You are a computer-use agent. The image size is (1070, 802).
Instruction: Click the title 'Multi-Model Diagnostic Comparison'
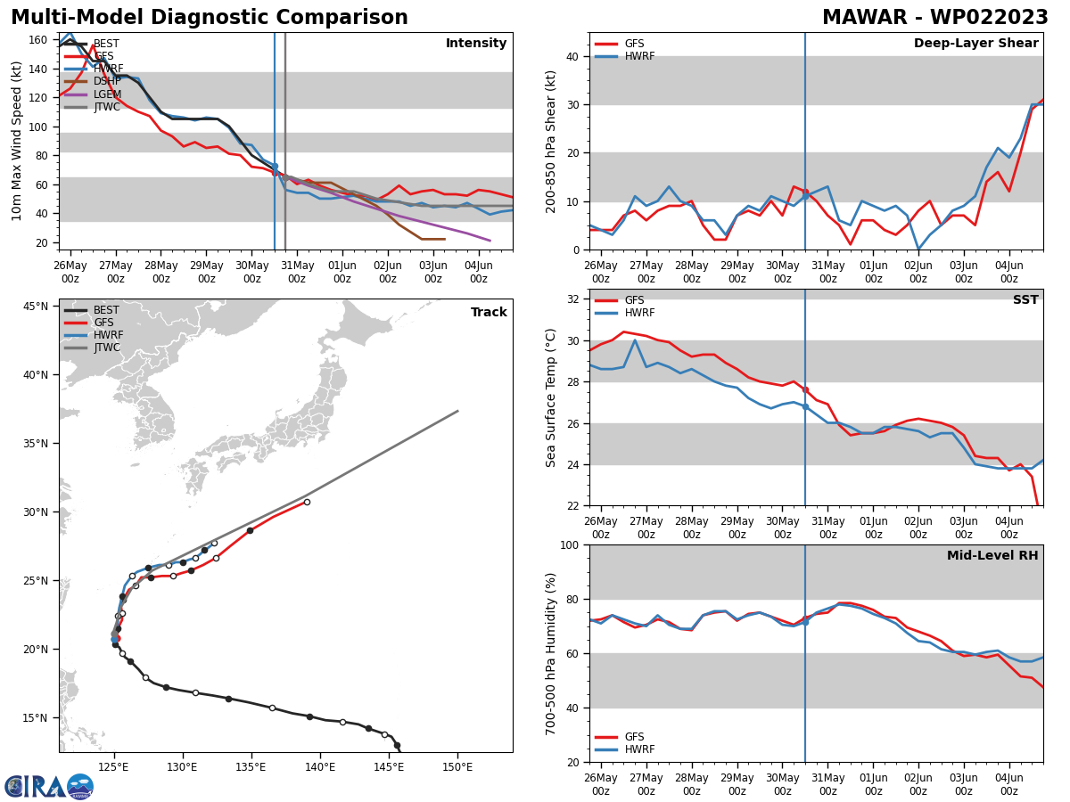209,18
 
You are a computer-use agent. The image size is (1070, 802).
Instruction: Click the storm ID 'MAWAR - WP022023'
934,18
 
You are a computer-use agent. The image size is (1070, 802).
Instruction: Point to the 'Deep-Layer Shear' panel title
975,44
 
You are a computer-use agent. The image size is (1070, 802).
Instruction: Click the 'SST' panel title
1025,300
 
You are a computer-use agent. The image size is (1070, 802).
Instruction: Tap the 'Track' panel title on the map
489,313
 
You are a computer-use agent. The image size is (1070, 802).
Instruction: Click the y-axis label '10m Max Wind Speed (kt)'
18,142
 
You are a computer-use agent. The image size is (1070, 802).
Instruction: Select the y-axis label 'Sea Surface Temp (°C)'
551,397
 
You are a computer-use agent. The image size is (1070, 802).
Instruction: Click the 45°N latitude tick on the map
36,307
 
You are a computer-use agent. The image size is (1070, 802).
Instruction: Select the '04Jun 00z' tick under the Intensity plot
479,271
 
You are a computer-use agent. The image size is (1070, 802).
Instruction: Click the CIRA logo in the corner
49,786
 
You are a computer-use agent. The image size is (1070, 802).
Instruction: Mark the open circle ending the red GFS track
307,502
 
